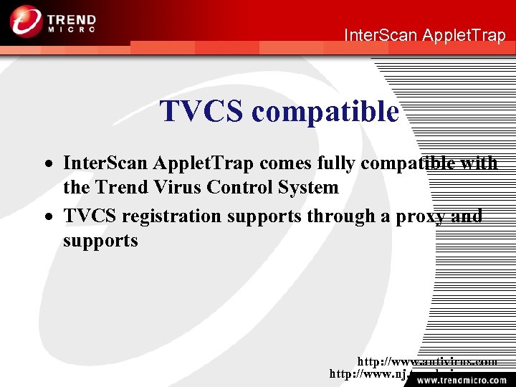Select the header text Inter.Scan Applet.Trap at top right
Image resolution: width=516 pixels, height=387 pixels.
[425, 35]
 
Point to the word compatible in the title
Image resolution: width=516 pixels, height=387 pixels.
[325, 112]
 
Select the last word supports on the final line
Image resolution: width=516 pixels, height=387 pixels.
[100, 241]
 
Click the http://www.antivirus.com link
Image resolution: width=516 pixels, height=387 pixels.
[427, 363]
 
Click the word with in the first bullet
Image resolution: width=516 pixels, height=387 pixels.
[478, 163]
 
